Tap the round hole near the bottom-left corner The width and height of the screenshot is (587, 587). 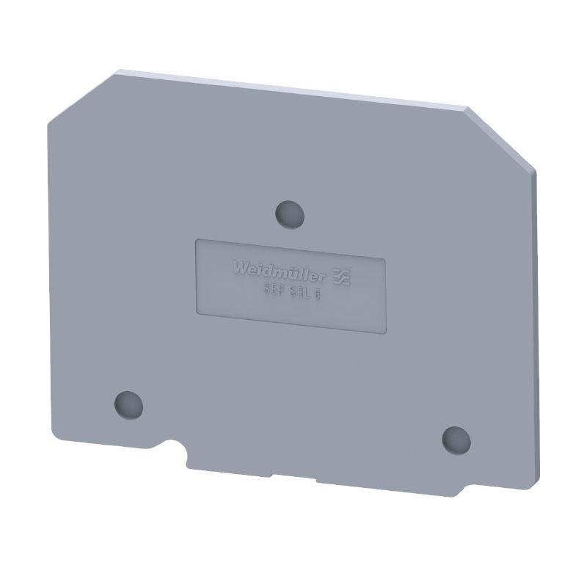tap(128, 403)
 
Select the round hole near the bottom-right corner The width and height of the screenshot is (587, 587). tap(456, 438)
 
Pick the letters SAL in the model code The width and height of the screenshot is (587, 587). tap(299, 293)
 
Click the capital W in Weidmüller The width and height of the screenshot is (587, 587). tap(241, 269)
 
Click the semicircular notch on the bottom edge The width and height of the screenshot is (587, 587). tap(177, 449)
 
